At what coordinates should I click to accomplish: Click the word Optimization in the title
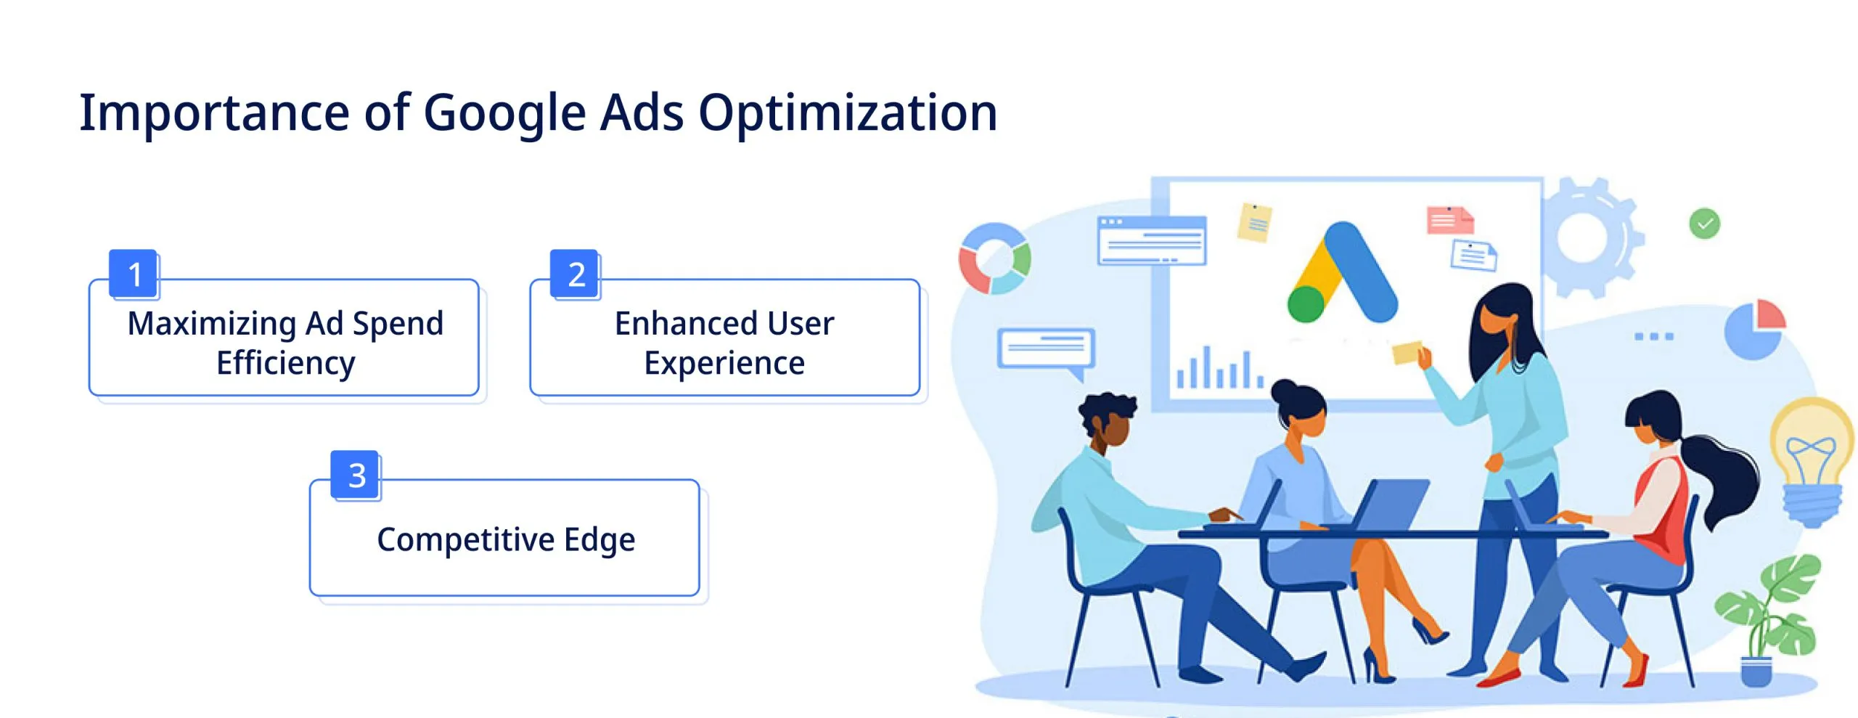(847, 113)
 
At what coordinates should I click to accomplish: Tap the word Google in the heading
(504, 115)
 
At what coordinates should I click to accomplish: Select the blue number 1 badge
(134, 274)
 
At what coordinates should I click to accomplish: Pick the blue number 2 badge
(576, 274)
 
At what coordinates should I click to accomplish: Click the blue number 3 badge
(356, 475)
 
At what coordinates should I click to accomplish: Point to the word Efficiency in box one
(286, 362)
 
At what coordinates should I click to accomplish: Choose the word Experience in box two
(724, 362)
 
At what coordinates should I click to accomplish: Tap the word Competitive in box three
(465, 539)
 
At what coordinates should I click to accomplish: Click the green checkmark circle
(1704, 223)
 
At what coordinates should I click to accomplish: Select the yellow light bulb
(1812, 457)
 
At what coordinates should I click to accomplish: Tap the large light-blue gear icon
(1589, 236)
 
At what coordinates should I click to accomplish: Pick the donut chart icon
(994, 258)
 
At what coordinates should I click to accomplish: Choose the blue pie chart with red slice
(1754, 329)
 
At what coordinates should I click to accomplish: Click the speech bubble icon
(1045, 349)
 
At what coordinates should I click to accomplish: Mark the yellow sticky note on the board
(1254, 222)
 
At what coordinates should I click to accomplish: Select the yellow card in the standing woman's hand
(1406, 353)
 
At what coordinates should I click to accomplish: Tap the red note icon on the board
(1447, 220)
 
